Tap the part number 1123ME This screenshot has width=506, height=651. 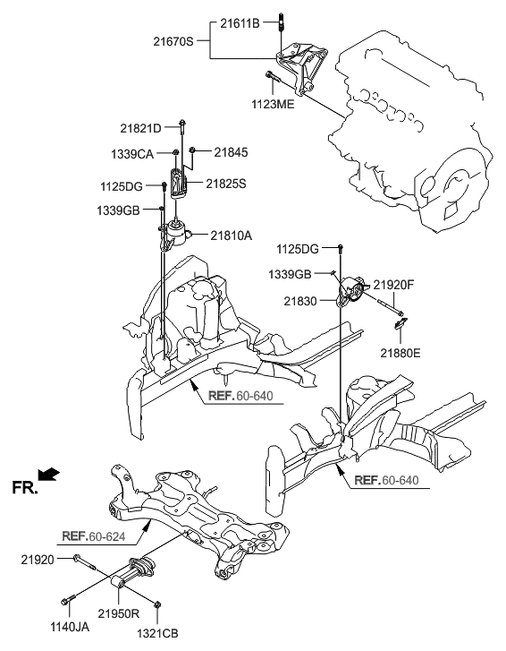pyautogui.click(x=271, y=104)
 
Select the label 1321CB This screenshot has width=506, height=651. pyautogui.click(x=157, y=633)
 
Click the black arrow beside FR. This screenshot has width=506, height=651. pyautogui.click(x=51, y=473)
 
